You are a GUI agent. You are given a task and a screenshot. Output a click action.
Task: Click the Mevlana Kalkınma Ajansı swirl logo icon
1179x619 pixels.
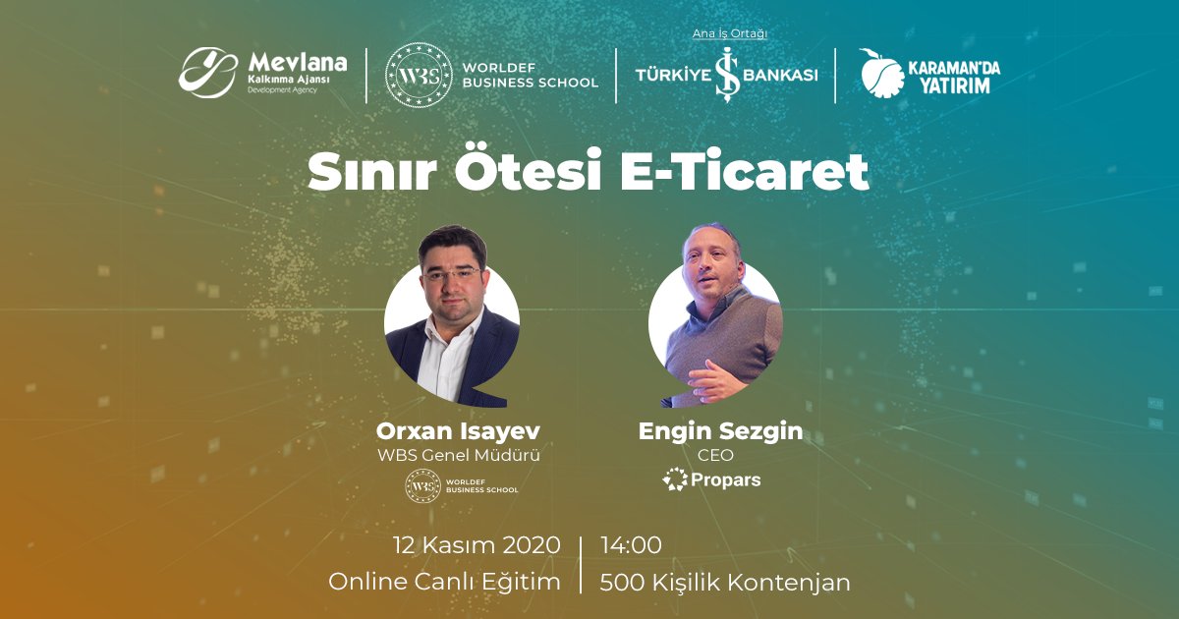pyautogui.click(x=207, y=73)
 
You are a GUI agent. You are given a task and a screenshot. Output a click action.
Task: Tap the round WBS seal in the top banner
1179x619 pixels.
pyautogui.click(x=419, y=76)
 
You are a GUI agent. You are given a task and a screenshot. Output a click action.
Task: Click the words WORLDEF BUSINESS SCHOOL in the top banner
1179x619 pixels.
pyautogui.click(x=530, y=76)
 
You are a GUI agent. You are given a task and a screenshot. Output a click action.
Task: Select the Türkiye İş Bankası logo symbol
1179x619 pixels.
pyautogui.click(x=727, y=75)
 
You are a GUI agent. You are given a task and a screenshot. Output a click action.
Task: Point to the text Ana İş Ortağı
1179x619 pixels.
pyautogui.click(x=729, y=33)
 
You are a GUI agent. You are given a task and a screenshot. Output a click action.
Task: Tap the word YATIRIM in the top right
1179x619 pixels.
pyautogui.click(x=955, y=85)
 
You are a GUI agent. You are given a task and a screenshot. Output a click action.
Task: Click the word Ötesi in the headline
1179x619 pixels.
pyautogui.click(x=528, y=170)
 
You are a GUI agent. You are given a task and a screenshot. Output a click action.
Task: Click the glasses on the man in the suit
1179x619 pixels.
pyautogui.click(x=452, y=274)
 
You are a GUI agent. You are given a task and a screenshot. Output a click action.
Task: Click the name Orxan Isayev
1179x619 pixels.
pyautogui.click(x=458, y=431)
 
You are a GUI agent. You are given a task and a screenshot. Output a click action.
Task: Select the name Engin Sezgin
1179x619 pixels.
pyautogui.click(x=720, y=431)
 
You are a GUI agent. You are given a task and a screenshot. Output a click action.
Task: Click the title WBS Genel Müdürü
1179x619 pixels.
pyautogui.click(x=459, y=455)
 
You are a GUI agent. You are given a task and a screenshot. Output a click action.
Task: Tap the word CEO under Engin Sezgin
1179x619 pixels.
pyautogui.click(x=715, y=455)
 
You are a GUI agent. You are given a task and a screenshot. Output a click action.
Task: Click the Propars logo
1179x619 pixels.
pyautogui.click(x=711, y=479)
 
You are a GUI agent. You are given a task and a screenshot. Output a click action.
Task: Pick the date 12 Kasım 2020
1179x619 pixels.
pyautogui.click(x=477, y=545)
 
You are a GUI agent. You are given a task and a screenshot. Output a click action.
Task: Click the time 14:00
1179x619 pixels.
pyautogui.click(x=631, y=545)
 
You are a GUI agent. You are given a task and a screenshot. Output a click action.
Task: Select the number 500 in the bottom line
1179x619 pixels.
pyautogui.click(x=622, y=583)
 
